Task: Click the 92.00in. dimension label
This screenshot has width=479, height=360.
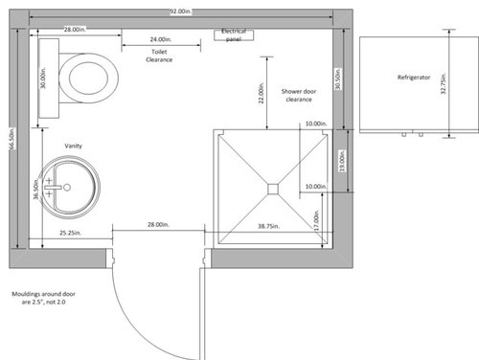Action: (x=181, y=11)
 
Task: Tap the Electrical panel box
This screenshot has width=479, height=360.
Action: (x=234, y=35)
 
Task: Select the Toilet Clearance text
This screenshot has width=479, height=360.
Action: (x=159, y=56)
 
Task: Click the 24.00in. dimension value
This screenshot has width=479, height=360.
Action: (x=161, y=39)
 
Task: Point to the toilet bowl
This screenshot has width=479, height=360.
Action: (x=89, y=79)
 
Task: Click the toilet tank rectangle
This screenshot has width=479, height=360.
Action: (x=49, y=79)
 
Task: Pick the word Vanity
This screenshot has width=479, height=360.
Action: (x=74, y=146)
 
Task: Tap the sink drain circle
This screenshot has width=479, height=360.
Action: (x=67, y=188)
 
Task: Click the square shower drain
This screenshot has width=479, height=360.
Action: (x=273, y=189)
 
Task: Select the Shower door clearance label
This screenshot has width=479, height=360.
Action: (x=299, y=95)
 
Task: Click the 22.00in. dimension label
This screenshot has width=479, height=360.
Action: (x=262, y=93)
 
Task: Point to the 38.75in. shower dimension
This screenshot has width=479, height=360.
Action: (x=268, y=226)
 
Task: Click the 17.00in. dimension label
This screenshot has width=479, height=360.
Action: (x=316, y=220)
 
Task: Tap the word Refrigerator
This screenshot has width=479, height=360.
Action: (x=414, y=78)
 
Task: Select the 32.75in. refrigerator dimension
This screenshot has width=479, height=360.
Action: (x=444, y=83)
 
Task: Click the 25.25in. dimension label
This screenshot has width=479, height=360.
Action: (x=70, y=233)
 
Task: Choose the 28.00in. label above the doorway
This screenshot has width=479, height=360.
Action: (x=158, y=225)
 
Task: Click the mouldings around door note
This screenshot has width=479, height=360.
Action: (x=44, y=298)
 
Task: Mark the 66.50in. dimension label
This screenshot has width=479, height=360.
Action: (x=12, y=139)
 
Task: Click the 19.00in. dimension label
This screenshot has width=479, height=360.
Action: (x=342, y=161)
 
